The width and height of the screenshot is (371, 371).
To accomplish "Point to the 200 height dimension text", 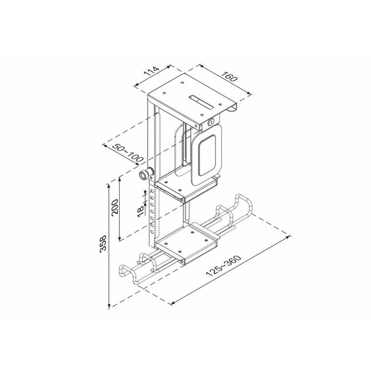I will (x=115, y=209).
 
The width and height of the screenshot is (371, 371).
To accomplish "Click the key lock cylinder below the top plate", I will (x=212, y=122).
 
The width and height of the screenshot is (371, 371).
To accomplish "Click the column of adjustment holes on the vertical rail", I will (x=151, y=217).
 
